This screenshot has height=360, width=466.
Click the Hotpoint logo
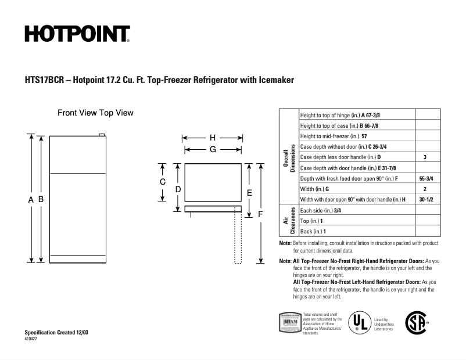[77, 34]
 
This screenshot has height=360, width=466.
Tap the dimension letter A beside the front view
[30, 199]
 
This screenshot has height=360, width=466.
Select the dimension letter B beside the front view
[41, 199]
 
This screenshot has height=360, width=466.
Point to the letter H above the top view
[213, 138]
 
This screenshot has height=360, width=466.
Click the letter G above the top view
[213, 149]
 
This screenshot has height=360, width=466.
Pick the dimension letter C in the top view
[163, 182]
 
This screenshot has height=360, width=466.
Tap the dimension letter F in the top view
[260, 214]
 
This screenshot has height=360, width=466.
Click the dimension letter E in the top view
[249, 192]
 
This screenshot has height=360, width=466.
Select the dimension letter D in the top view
[178, 189]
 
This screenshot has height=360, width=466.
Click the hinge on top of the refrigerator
[102, 136]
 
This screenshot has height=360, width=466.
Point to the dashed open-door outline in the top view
[238, 238]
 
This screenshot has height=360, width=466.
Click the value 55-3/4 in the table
[425, 178]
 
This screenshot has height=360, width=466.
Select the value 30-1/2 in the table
[425, 199]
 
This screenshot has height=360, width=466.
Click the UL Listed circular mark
[359, 322]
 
